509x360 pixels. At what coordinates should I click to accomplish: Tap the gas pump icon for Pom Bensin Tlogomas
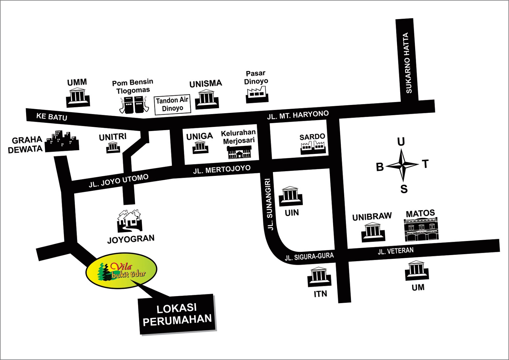(x=134, y=105)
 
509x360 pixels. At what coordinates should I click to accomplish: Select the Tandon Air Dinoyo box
(x=172, y=104)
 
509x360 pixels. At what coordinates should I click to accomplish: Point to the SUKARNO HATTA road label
(x=407, y=63)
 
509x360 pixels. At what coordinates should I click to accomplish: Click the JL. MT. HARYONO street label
(x=298, y=115)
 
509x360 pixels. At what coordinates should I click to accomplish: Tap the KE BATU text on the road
(x=52, y=116)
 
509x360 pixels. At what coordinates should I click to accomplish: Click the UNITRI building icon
(x=113, y=147)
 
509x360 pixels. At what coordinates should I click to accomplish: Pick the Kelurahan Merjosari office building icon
(x=239, y=152)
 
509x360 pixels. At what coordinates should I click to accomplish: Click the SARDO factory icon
(x=313, y=148)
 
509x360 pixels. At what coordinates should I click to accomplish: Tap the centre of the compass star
(x=402, y=165)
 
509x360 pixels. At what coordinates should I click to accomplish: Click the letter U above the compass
(x=401, y=142)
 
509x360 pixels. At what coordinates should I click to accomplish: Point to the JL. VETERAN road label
(x=395, y=251)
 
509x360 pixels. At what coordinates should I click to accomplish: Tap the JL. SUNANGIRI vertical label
(x=269, y=204)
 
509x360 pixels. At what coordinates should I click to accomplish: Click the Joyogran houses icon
(x=129, y=221)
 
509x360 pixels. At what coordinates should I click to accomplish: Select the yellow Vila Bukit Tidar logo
(x=121, y=271)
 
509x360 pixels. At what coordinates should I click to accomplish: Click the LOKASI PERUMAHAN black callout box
(x=177, y=314)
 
